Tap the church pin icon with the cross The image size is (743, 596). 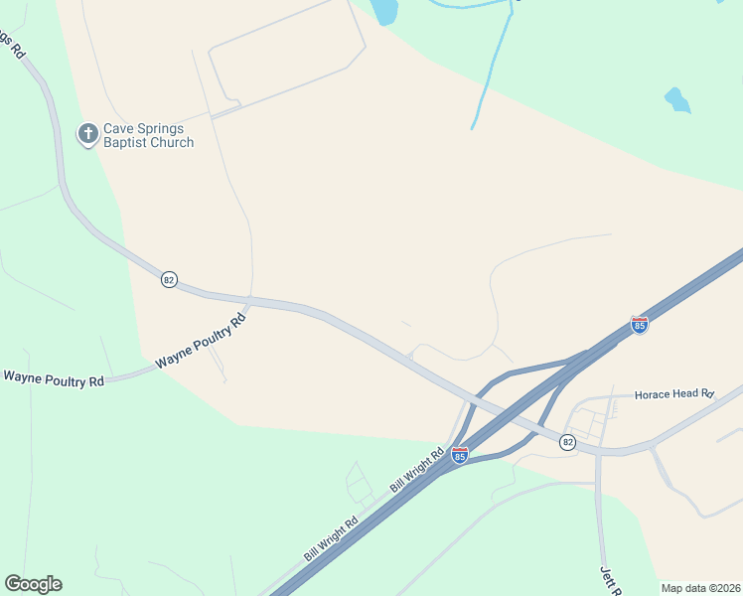pyautogui.click(x=88, y=133)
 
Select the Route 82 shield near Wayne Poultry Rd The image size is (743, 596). pyautogui.click(x=169, y=280)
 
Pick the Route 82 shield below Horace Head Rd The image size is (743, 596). pyautogui.click(x=567, y=442)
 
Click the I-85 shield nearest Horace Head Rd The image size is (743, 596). pyautogui.click(x=640, y=325)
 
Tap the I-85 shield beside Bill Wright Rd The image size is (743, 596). pyautogui.click(x=459, y=455)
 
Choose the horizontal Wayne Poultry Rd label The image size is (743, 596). pyautogui.click(x=54, y=378)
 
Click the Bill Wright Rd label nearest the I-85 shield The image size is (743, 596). pyautogui.click(x=417, y=467)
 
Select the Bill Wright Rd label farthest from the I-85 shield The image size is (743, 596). pyautogui.click(x=331, y=537)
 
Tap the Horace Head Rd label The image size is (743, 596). pyautogui.click(x=674, y=393)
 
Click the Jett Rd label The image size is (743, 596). pyautogui.click(x=610, y=581)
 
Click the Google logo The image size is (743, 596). pyautogui.click(x=33, y=584)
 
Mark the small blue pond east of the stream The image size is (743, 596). pyautogui.click(x=676, y=99)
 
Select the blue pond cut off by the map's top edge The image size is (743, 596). pyautogui.click(x=383, y=10)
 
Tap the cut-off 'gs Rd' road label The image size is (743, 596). pyautogui.click(x=12, y=45)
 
